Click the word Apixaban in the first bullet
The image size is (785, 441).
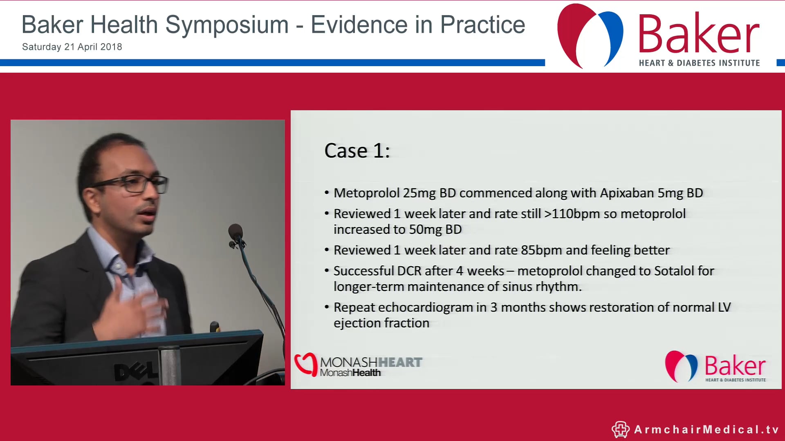(x=627, y=193)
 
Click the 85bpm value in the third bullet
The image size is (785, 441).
(x=541, y=250)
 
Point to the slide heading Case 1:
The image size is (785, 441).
(x=357, y=151)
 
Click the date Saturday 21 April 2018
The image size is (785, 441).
(x=72, y=47)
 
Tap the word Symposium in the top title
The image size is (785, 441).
(x=227, y=25)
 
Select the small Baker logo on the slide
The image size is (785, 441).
(x=715, y=366)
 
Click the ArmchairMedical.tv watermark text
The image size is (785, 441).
(x=706, y=430)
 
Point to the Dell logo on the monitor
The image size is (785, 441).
(x=135, y=371)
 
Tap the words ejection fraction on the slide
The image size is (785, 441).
(x=381, y=323)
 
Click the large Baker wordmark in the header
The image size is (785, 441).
(x=698, y=35)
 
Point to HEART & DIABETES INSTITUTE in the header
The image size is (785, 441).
(x=699, y=63)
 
